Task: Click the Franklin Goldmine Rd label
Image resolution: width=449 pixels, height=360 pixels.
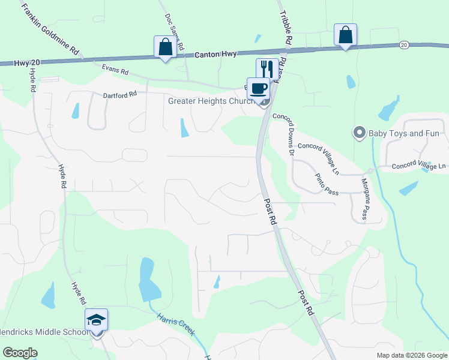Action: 50,29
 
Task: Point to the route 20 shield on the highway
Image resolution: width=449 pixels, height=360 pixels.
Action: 403,45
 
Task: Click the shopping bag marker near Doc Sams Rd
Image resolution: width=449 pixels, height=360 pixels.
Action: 165,47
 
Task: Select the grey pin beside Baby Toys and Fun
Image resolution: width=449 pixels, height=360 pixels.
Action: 360,132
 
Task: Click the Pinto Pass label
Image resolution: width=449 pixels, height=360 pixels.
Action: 328,183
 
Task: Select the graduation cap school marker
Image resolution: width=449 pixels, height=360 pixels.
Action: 96,319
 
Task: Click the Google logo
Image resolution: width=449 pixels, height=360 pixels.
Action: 20,353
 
